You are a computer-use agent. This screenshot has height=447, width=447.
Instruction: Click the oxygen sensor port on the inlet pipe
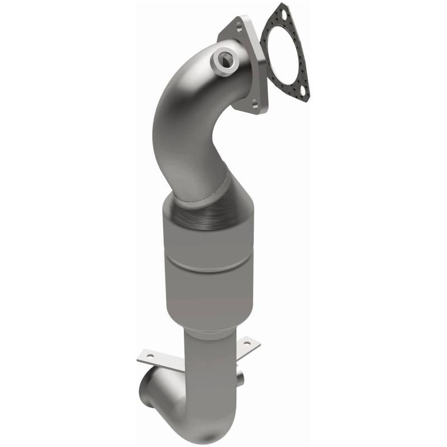[226, 59]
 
